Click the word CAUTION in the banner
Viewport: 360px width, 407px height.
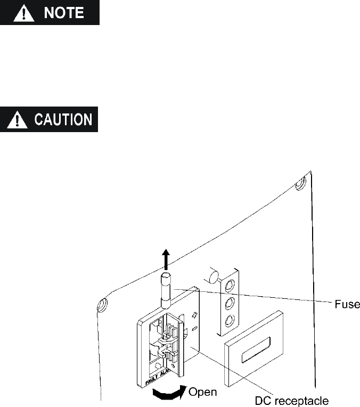click(x=62, y=119)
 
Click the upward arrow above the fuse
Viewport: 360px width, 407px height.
click(x=166, y=259)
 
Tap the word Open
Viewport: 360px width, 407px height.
click(x=203, y=392)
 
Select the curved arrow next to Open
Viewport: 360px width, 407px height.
click(x=169, y=393)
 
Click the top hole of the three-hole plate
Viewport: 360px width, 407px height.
click(x=230, y=286)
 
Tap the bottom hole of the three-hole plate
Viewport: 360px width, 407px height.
click(x=230, y=321)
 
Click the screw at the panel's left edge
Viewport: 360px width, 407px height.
click(x=101, y=305)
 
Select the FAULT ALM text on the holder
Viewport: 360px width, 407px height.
click(x=160, y=379)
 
